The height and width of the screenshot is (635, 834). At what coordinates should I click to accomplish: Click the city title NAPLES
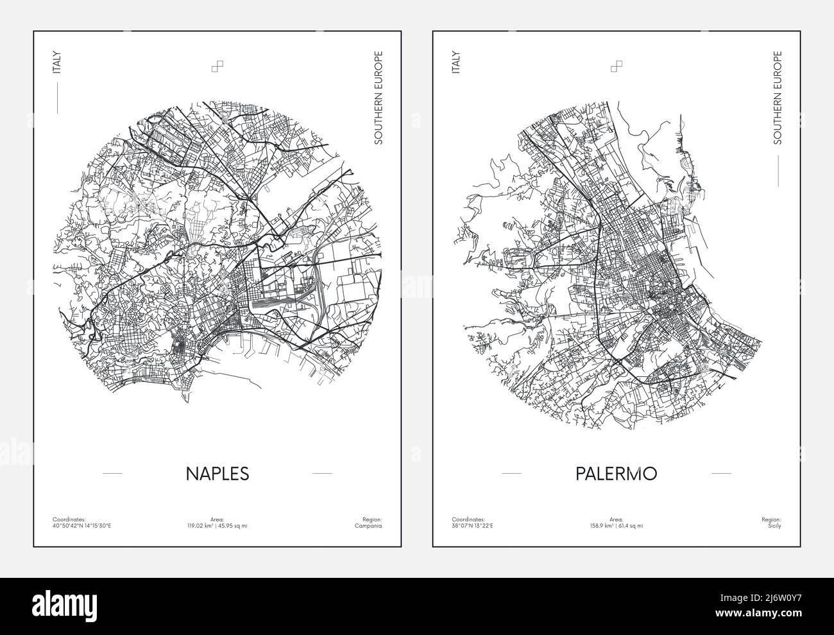(x=217, y=473)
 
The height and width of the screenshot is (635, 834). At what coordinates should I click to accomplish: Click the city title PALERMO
(x=616, y=473)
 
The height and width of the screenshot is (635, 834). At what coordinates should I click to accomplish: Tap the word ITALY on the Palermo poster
(x=456, y=62)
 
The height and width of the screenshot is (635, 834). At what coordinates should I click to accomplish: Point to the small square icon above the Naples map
(x=217, y=67)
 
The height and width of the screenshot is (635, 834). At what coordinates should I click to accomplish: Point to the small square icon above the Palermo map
(x=617, y=67)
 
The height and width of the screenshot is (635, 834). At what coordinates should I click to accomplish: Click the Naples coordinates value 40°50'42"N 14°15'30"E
(x=81, y=526)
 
